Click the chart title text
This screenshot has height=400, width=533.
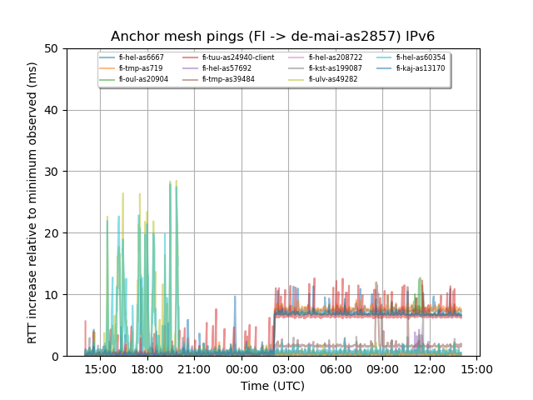[x=272, y=37]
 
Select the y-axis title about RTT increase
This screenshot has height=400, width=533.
[x=32, y=202]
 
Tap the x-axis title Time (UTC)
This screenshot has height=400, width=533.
[x=272, y=386]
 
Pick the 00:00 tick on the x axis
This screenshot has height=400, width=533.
[x=242, y=368]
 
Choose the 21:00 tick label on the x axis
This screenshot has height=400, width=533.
[x=194, y=368]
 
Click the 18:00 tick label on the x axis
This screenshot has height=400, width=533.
[x=147, y=368]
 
